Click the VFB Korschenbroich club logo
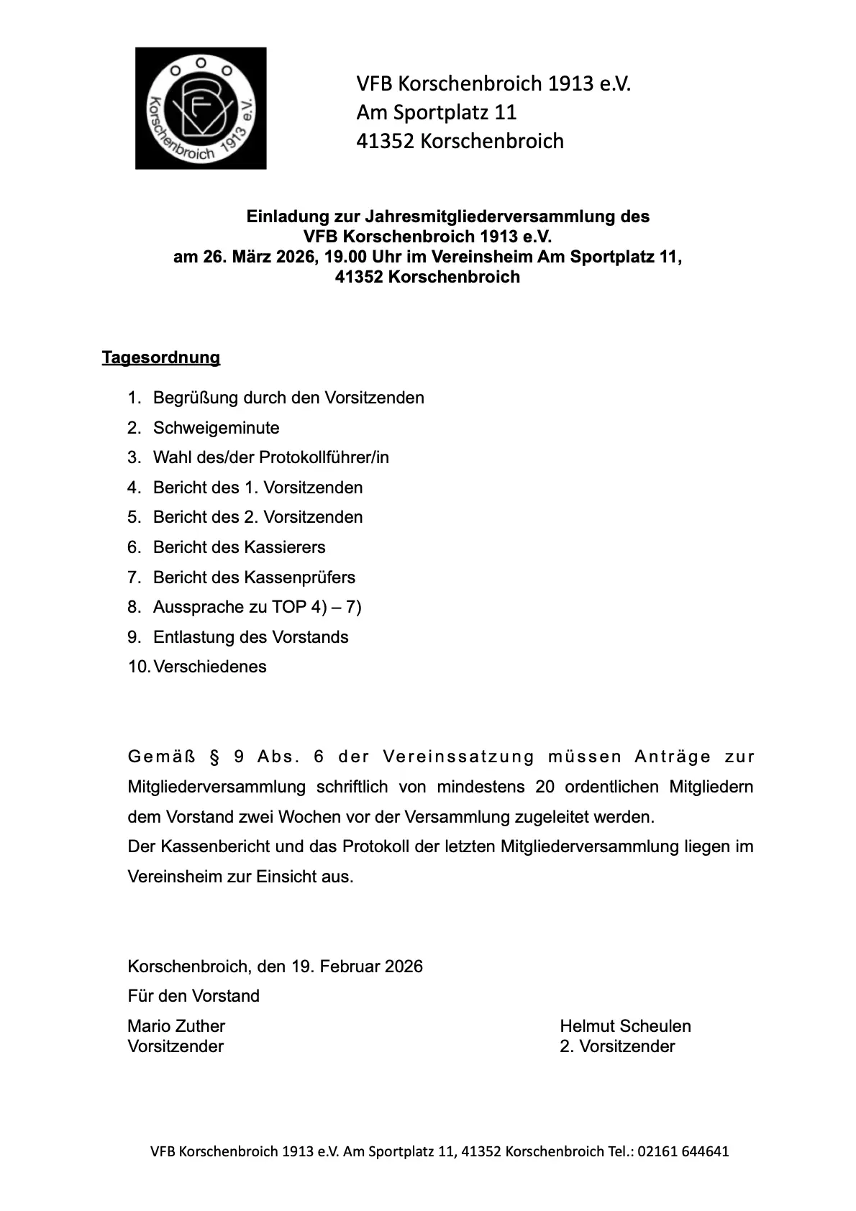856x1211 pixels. [x=201, y=109]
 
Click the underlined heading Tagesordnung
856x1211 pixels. [x=161, y=357]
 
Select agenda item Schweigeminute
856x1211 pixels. [x=216, y=428]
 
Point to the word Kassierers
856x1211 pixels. [x=285, y=547]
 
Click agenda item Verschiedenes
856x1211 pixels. [x=210, y=667]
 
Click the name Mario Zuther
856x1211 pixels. [x=176, y=1026]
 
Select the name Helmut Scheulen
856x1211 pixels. [x=625, y=1026]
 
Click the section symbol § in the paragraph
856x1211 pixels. [x=213, y=757]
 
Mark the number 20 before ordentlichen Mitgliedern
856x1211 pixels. [x=545, y=787]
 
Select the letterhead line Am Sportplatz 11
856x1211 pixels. [x=437, y=112]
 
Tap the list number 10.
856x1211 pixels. [x=138, y=667]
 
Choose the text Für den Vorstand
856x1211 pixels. [x=193, y=996]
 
